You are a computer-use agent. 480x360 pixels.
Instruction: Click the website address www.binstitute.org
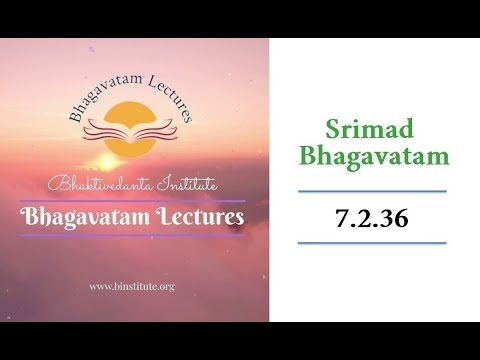click(132, 286)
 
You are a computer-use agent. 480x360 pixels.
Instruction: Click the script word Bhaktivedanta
click(98, 184)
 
